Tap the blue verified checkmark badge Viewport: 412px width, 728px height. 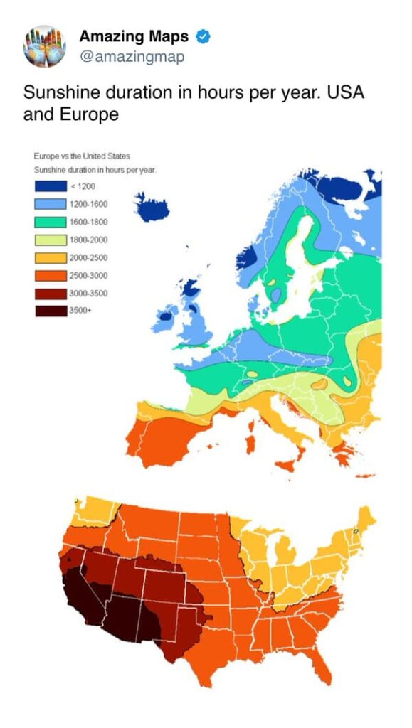203,36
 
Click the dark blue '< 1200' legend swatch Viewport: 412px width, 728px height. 51,186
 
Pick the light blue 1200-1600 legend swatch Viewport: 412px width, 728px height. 51,204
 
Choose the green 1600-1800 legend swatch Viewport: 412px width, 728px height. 51,222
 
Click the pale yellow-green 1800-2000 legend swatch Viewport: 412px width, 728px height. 51,240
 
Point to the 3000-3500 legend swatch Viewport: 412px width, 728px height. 51,293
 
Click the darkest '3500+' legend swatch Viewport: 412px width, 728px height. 51,311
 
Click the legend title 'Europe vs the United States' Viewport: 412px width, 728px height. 82,156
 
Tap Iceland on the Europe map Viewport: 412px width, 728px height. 152,207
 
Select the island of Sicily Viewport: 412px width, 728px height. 288,465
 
